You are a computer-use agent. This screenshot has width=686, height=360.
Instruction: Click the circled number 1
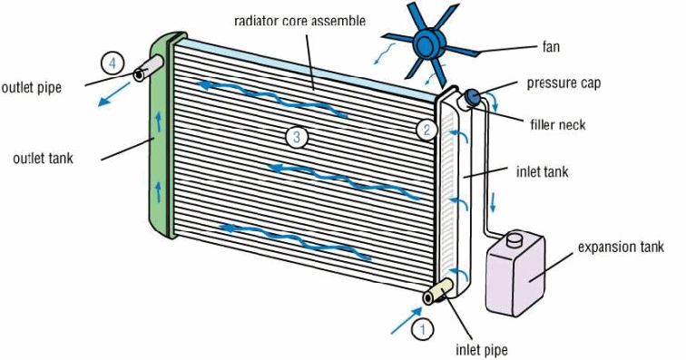click(422, 329)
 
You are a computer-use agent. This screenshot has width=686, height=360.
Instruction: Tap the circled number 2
click(426, 129)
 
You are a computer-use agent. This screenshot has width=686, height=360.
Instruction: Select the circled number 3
click(297, 137)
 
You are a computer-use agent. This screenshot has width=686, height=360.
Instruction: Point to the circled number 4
click(113, 63)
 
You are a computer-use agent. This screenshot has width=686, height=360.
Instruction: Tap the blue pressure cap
click(473, 96)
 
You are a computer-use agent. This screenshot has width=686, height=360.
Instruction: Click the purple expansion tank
click(515, 274)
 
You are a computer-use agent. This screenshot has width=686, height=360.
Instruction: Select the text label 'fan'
click(551, 46)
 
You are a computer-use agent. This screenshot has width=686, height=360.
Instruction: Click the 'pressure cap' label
click(563, 83)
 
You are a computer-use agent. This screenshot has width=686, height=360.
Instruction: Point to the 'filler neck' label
click(558, 124)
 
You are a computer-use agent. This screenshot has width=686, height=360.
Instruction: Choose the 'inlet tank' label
click(542, 171)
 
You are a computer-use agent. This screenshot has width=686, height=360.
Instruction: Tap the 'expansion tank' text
click(621, 247)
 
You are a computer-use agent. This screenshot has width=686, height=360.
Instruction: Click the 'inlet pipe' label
click(482, 350)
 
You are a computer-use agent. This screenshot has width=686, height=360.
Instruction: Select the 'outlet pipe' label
click(32, 87)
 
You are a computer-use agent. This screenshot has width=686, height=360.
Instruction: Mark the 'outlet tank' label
click(43, 158)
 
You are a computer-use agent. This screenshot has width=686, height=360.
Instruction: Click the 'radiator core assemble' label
click(299, 21)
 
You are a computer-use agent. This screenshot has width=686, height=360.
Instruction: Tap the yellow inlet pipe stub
click(438, 291)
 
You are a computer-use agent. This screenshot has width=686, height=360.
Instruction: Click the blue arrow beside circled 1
click(407, 321)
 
